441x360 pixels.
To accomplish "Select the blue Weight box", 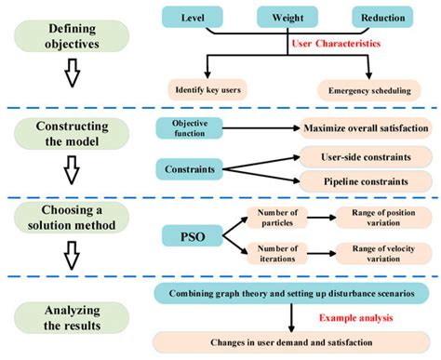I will tap(292, 18).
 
